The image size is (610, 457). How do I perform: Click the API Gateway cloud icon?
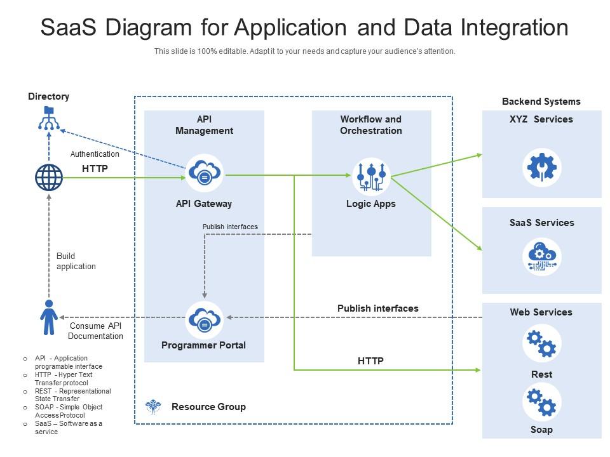tap(205, 173)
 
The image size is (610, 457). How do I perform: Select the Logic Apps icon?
tap(371, 176)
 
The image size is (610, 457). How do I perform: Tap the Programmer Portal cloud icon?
tap(205, 319)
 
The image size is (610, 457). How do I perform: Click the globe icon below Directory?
tap(49, 177)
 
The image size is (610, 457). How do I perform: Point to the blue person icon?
tap(49, 317)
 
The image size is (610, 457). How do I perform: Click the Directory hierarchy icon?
tap(49, 119)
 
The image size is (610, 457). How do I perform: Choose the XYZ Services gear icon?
tap(541, 168)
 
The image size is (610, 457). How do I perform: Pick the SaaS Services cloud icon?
tap(541, 257)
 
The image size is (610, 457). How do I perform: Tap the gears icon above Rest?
tap(541, 343)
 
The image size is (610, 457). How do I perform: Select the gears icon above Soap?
tap(541, 401)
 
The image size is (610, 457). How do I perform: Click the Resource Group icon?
tap(153, 407)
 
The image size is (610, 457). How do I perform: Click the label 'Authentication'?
tap(95, 154)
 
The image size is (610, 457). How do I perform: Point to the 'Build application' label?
tap(76, 262)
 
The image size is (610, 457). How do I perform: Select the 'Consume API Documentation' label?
tap(95, 331)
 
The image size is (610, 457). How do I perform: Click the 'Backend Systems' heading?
tap(541, 102)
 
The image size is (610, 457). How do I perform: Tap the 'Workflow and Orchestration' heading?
tap(371, 125)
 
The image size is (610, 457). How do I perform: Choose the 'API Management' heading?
tap(204, 125)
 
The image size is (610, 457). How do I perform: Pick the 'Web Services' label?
tap(541, 312)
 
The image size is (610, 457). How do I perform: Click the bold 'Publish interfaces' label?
tap(377, 308)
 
